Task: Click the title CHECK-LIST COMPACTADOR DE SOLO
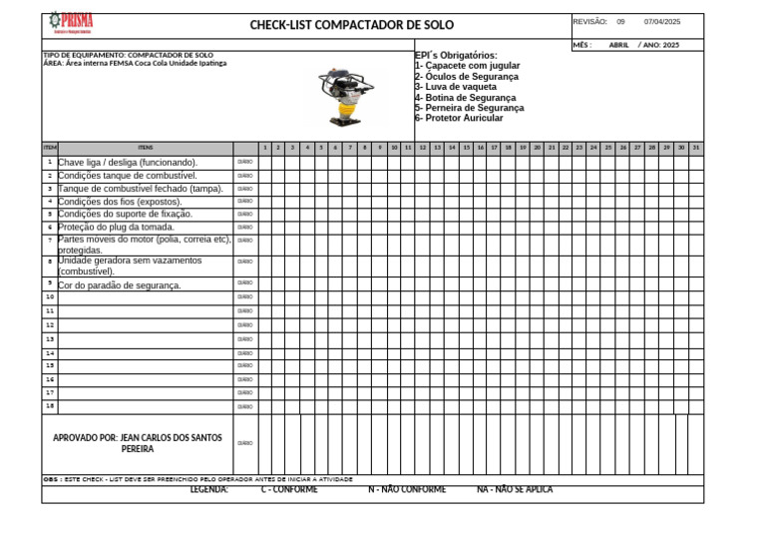tap(351, 25)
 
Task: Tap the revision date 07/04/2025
tap(662, 21)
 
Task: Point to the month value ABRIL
tap(618, 45)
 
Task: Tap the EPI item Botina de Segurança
tap(465, 98)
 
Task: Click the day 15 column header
tap(466, 148)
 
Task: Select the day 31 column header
tap(695, 148)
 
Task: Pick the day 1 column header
tap(264, 148)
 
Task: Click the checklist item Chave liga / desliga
tap(128, 162)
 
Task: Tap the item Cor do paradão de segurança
tap(120, 285)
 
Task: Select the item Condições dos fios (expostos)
tap(120, 201)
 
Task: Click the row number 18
tap(50, 405)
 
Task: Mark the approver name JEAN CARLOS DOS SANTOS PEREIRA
tap(138, 443)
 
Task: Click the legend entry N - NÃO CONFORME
tap(407, 490)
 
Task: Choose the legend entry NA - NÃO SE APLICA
tap(515, 490)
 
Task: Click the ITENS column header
tap(146, 148)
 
